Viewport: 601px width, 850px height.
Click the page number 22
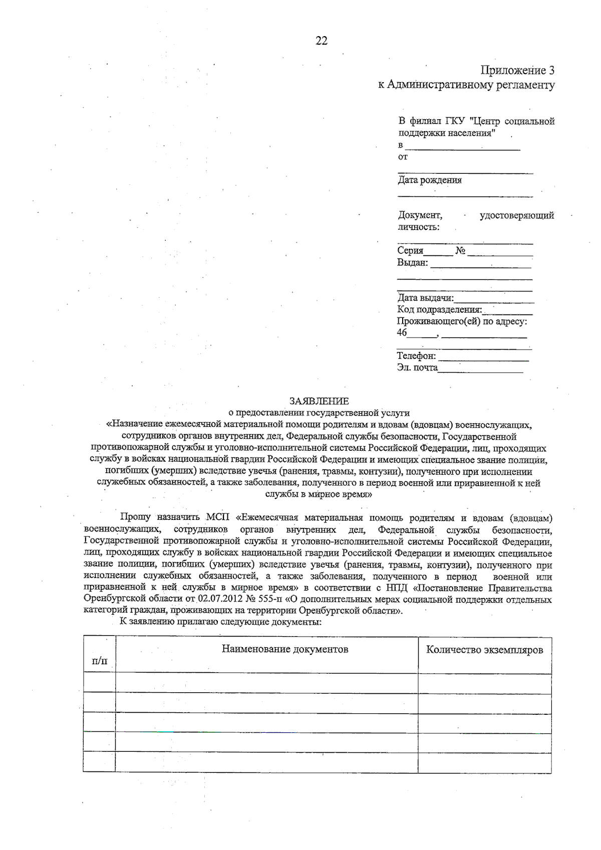(322, 41)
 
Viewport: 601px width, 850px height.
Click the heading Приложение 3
(517, 70)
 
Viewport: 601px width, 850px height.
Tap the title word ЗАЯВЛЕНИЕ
(319, 401)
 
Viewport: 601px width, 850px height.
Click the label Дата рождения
(430, 180)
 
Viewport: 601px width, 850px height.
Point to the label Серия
(410, 251)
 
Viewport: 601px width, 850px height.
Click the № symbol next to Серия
(461, 251)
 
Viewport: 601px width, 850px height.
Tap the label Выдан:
(412, 262)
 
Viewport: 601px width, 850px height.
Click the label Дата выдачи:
(425, 299)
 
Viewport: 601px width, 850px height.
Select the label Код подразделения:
(439, 310)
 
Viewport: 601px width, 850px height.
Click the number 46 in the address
(402, 333)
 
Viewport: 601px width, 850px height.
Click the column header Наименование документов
(285, 649)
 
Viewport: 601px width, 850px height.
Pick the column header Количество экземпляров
(484, 650)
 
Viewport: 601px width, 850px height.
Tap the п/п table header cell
(100, 661)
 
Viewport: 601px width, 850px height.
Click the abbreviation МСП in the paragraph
(217, 517)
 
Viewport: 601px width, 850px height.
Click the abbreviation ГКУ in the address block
(456, 121)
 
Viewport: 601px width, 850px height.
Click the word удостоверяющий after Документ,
(517, 215)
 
